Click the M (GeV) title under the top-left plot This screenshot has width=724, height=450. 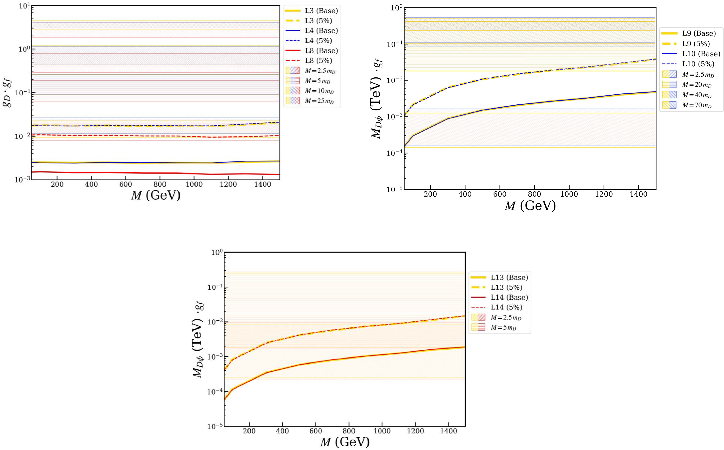[x=155, y=196]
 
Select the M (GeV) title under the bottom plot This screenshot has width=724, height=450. [x=345, y=442]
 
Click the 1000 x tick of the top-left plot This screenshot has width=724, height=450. [x=194, y=184]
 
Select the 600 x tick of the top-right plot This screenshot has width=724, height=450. [x=500, y=195]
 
